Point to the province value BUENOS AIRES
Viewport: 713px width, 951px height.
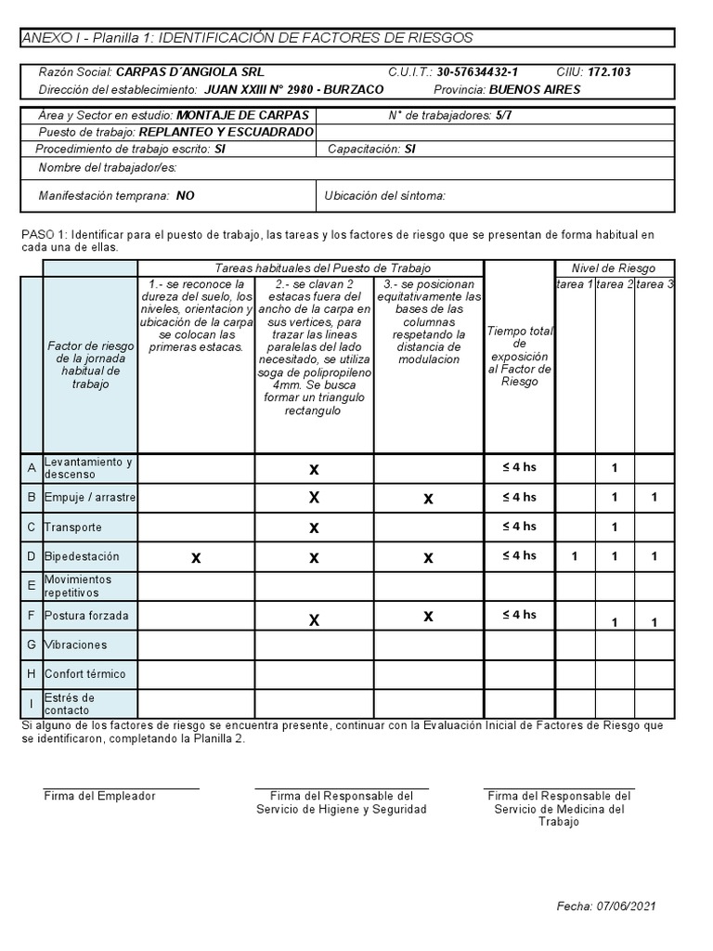[534, 89]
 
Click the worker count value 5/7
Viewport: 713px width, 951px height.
[503, 116]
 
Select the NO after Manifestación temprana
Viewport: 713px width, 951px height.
[185, 196]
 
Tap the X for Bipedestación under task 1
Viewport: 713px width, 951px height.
[195, 557]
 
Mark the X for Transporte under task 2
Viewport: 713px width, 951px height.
[314, 528]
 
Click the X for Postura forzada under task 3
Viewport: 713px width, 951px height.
[428, 616]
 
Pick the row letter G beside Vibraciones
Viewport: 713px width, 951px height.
[31, 645]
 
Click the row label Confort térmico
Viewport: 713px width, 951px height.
[84, 674]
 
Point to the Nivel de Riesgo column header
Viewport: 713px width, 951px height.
[614, 268]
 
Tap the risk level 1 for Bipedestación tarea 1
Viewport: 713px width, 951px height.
[575, 556]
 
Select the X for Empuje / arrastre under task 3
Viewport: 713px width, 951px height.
[428, 499]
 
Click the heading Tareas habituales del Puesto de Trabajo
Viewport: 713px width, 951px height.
[310, 268]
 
